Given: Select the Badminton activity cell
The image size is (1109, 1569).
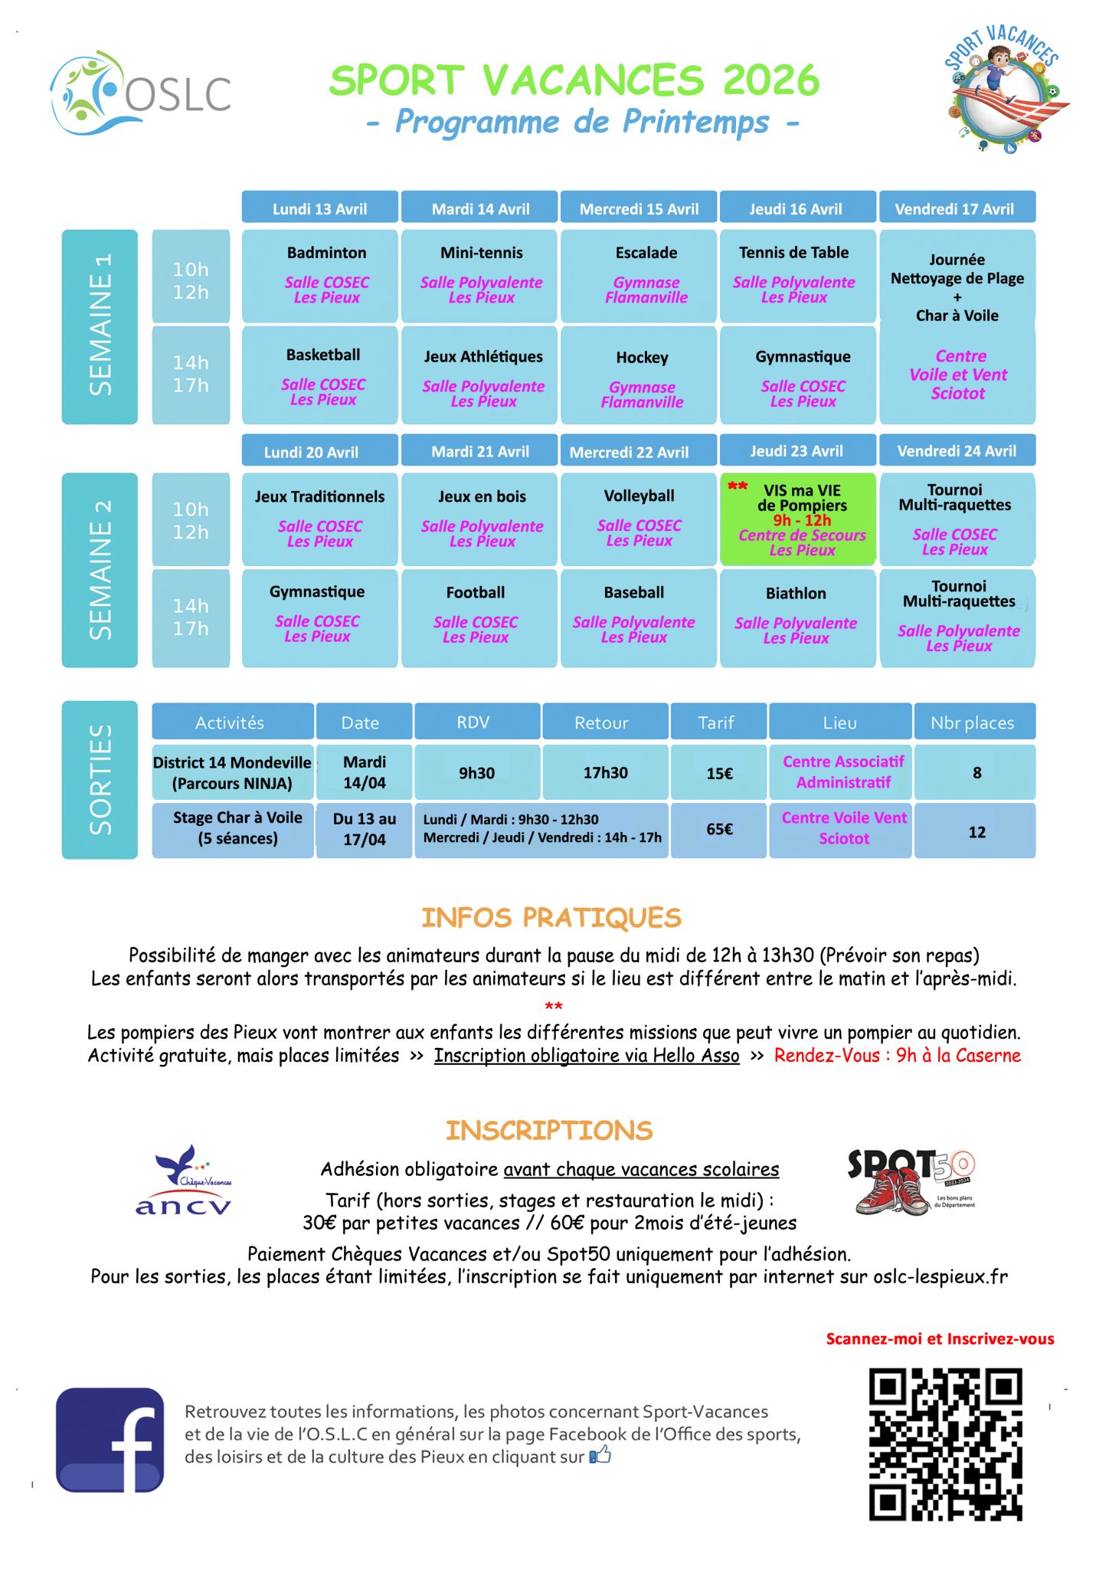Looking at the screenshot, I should point(320,276).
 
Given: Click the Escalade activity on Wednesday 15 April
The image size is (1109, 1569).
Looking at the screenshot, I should point(639,276).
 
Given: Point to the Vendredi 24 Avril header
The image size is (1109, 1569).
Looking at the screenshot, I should point(957,450).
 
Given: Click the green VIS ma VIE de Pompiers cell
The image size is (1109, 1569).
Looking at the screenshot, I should point(797,519).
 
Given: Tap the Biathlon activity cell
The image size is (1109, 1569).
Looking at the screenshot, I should point(797,617).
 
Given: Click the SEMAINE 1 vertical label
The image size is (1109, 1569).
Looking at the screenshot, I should point(100,326).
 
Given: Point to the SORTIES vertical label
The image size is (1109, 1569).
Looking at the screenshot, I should point(100,779).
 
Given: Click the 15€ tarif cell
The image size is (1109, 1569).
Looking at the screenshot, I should point(719,773).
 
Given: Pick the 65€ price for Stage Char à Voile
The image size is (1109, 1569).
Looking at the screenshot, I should point(719,830).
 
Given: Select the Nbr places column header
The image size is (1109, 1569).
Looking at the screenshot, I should point(973,722).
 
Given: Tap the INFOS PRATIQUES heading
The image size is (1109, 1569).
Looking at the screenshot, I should point(551,917).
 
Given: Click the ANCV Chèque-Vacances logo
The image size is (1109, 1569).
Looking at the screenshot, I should point(184,1181).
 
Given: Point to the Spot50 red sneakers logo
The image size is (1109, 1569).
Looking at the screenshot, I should point(911,1181).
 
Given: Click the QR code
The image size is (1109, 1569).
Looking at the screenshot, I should point(945,1444).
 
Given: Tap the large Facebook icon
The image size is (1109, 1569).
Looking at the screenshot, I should point(110,1440).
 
